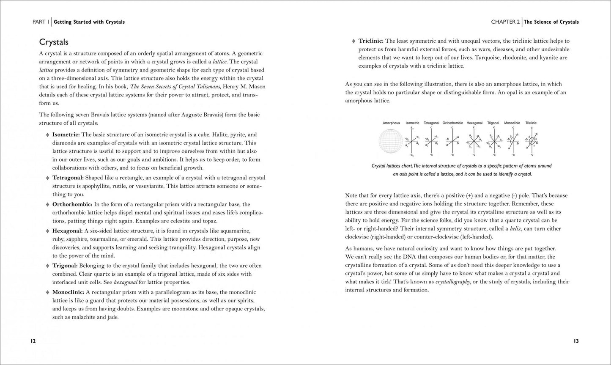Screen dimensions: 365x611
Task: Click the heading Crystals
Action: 54,42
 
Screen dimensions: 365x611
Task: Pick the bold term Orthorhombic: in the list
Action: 72,204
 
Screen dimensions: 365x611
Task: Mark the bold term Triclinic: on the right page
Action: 371,41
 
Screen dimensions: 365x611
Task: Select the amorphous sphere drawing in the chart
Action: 391,141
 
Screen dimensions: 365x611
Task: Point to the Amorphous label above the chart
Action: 391,123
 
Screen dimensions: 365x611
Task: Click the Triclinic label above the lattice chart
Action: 531,123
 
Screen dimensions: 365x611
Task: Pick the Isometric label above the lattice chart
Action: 412,123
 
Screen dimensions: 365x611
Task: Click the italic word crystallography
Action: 455,282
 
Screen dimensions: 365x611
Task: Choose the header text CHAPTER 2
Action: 505,22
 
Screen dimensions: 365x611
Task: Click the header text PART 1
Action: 42,22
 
